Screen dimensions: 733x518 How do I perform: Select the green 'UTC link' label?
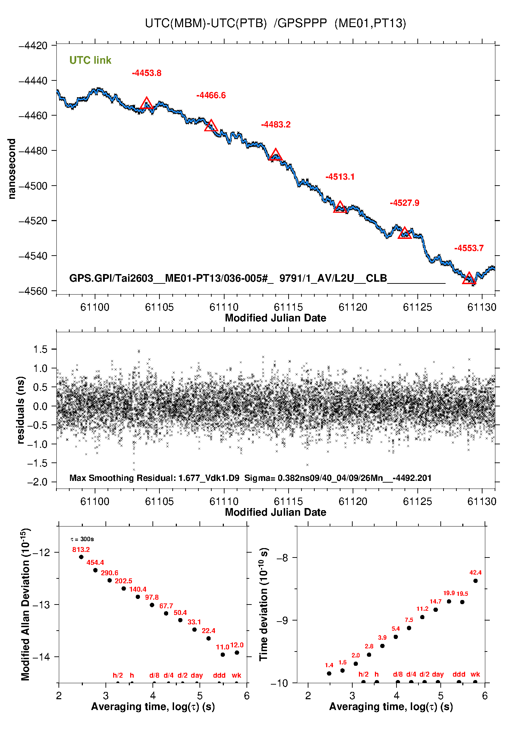coord(90,60)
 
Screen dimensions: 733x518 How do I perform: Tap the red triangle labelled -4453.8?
coord(147,103)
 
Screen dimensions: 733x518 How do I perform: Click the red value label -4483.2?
coord(276,125)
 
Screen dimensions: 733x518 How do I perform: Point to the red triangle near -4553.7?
coord(469,279)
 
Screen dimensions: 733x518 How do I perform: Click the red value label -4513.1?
coord(340,177)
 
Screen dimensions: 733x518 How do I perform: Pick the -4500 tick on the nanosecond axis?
coord(33,186)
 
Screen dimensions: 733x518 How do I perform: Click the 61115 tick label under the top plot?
coord(288,307)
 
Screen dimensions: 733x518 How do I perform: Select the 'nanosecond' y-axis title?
coord(12,169)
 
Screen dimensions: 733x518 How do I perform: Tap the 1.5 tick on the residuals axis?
coord(40,349)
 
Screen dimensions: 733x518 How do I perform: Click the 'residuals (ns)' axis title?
coord(21,410)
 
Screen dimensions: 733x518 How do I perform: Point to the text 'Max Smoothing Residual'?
coord(122,478)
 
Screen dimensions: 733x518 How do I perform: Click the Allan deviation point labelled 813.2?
coord(81,557)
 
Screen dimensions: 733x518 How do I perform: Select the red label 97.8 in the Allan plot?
coord(152,597)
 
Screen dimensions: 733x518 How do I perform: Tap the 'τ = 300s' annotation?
coord(82,539)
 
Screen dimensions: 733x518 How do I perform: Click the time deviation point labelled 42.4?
coord(476,581)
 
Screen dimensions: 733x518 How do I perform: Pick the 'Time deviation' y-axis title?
coord(264,605)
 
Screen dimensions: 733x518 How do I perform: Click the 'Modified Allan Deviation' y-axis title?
coord(25,604)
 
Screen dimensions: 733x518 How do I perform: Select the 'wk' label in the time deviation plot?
coord(475,674)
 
